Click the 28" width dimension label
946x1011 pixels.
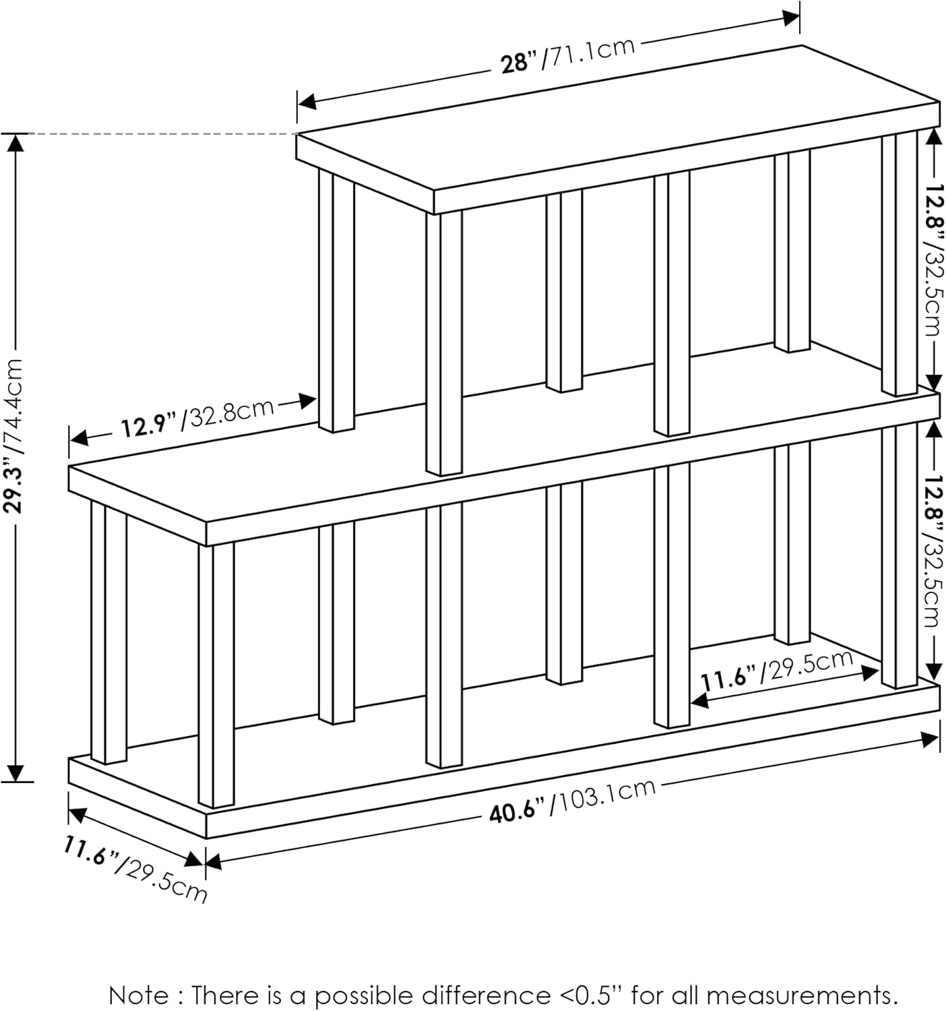click(x=519, y=63)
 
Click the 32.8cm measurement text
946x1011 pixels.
click(x=231, y=410)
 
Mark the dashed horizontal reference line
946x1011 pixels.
click(x=162, y=134)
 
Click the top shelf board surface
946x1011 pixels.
click(x=606, y=121)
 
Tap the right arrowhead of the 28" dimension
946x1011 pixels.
click(x=792, y=18)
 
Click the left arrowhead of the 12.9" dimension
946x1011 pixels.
click(x=78, y=438)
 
